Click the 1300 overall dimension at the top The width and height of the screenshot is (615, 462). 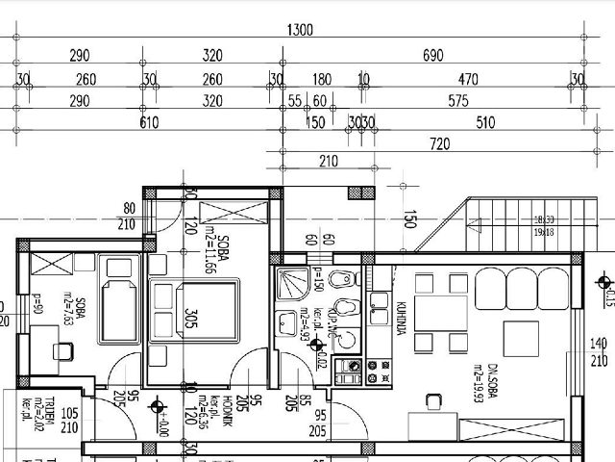click(301, 31)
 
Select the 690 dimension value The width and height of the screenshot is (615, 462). click(433, 55)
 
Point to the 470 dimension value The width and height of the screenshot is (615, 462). click(468, 79)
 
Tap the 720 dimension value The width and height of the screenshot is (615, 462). click(441, 143)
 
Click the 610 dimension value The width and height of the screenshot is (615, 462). click(149, 122)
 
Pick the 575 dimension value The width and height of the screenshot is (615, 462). click(456, 100)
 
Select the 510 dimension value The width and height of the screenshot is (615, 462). click(485, 122)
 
